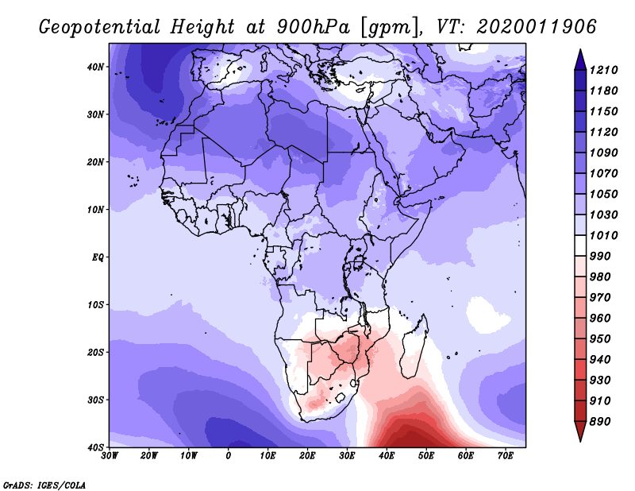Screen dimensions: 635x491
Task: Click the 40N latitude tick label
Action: [95, 67]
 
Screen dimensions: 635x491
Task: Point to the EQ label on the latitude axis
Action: [98, 257]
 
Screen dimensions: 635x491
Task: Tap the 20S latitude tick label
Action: [95, 352]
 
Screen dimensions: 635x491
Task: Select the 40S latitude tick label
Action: [95, 447]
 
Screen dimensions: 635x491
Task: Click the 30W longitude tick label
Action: [110, 456]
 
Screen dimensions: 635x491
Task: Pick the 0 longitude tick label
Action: [229, 456]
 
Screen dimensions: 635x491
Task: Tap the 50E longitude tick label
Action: [426, 456]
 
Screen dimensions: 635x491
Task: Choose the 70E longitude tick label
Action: [506, 456]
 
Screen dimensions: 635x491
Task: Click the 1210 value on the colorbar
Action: [603, 70]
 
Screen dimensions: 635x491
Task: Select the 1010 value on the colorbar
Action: [603, 235]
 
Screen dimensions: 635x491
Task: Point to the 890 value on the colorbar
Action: [600, 422]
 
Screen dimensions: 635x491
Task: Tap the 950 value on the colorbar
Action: [600, 339]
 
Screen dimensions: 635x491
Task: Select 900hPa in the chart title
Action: [314, 28]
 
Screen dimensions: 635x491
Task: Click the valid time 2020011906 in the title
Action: [537, 27]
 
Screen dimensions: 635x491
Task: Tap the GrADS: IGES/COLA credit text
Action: [44, 485]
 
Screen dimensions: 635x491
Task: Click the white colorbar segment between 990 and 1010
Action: [580, 246]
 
